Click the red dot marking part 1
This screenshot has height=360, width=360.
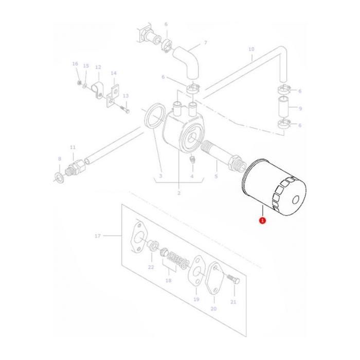click(x=262, y=220)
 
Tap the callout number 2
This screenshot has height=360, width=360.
click(x=178, y=193)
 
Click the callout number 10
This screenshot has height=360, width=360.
click(x=251, y=49)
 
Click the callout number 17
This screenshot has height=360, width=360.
click(x=97, y=236)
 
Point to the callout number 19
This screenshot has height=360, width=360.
click(x=196, y=299)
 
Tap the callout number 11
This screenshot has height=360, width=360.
click(x=73, y=147)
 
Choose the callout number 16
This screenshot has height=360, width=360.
click(x=75, y=64)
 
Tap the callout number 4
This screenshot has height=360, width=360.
click(x=192, y=176)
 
